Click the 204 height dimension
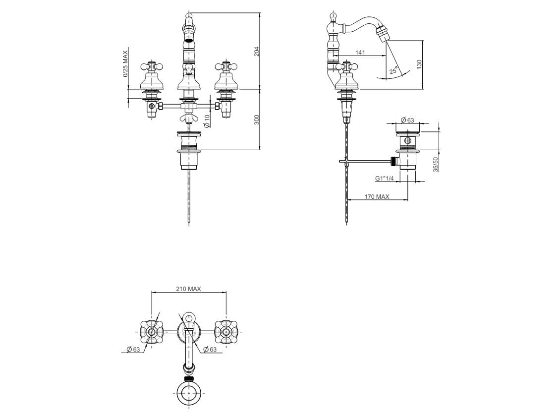click(256, 52)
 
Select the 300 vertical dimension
click(256, 120)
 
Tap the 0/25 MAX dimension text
click(125, 64)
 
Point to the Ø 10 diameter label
click(207, 121)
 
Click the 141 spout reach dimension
click(360, 53)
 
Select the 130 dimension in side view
click(419, 64)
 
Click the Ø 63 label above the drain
click(407, 120)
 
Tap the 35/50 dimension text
click(436, 165)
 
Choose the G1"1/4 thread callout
click(384, 178)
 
